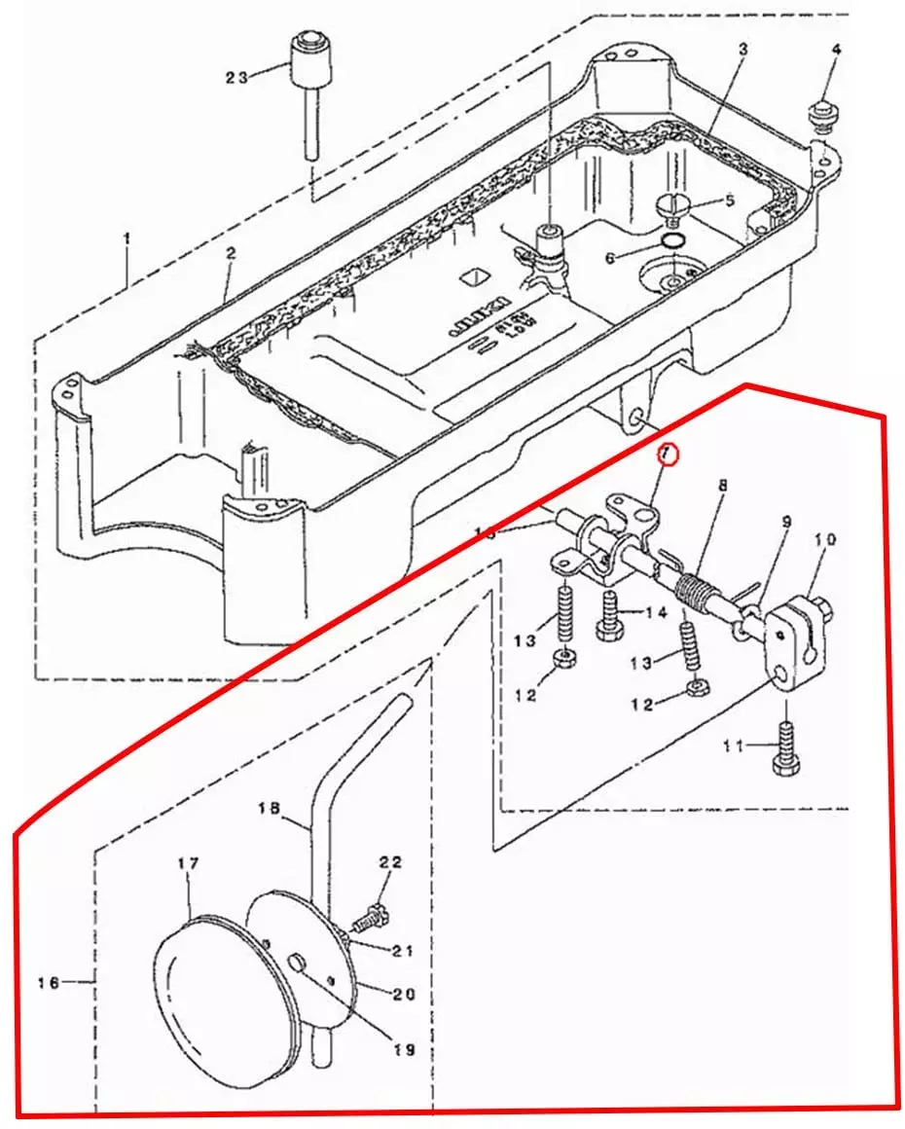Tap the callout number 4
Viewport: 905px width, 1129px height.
[x=836, y=49]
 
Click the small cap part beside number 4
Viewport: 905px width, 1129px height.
[x=822, y=115]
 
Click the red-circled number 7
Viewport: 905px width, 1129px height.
[x=667, y=455]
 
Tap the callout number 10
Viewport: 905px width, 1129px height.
[x=825, y=538]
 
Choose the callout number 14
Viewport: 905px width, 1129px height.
[x=656, y=612]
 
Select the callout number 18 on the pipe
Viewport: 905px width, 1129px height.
[x=270, y=808]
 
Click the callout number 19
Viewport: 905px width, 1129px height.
[x=404, y=1050]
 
